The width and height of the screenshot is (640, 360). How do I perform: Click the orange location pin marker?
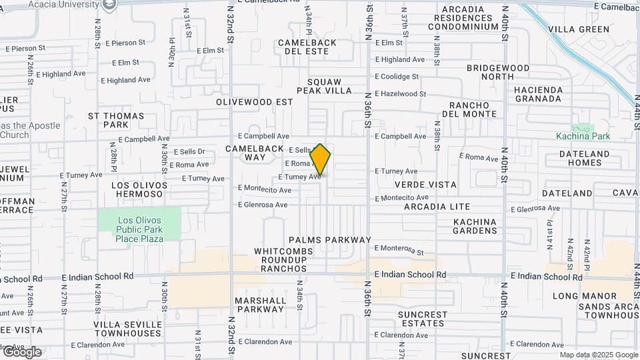(321, 161)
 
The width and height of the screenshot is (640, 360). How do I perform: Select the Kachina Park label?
(583, 136)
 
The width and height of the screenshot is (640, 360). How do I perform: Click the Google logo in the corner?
(22, 352)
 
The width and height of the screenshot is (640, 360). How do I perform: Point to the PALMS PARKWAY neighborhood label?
(329, 240)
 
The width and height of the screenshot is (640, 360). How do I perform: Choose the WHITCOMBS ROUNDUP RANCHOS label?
(280, 260)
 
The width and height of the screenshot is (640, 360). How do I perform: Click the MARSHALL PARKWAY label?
(260, 305)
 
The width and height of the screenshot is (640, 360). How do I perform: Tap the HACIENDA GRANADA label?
(538, 94)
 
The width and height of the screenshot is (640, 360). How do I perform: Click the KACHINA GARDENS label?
(475, 226)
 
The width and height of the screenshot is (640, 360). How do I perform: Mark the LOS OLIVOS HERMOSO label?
(137, 189)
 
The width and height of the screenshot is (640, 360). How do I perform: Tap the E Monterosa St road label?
(399, 249)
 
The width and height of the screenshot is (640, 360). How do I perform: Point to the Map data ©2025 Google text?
(599, 355)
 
